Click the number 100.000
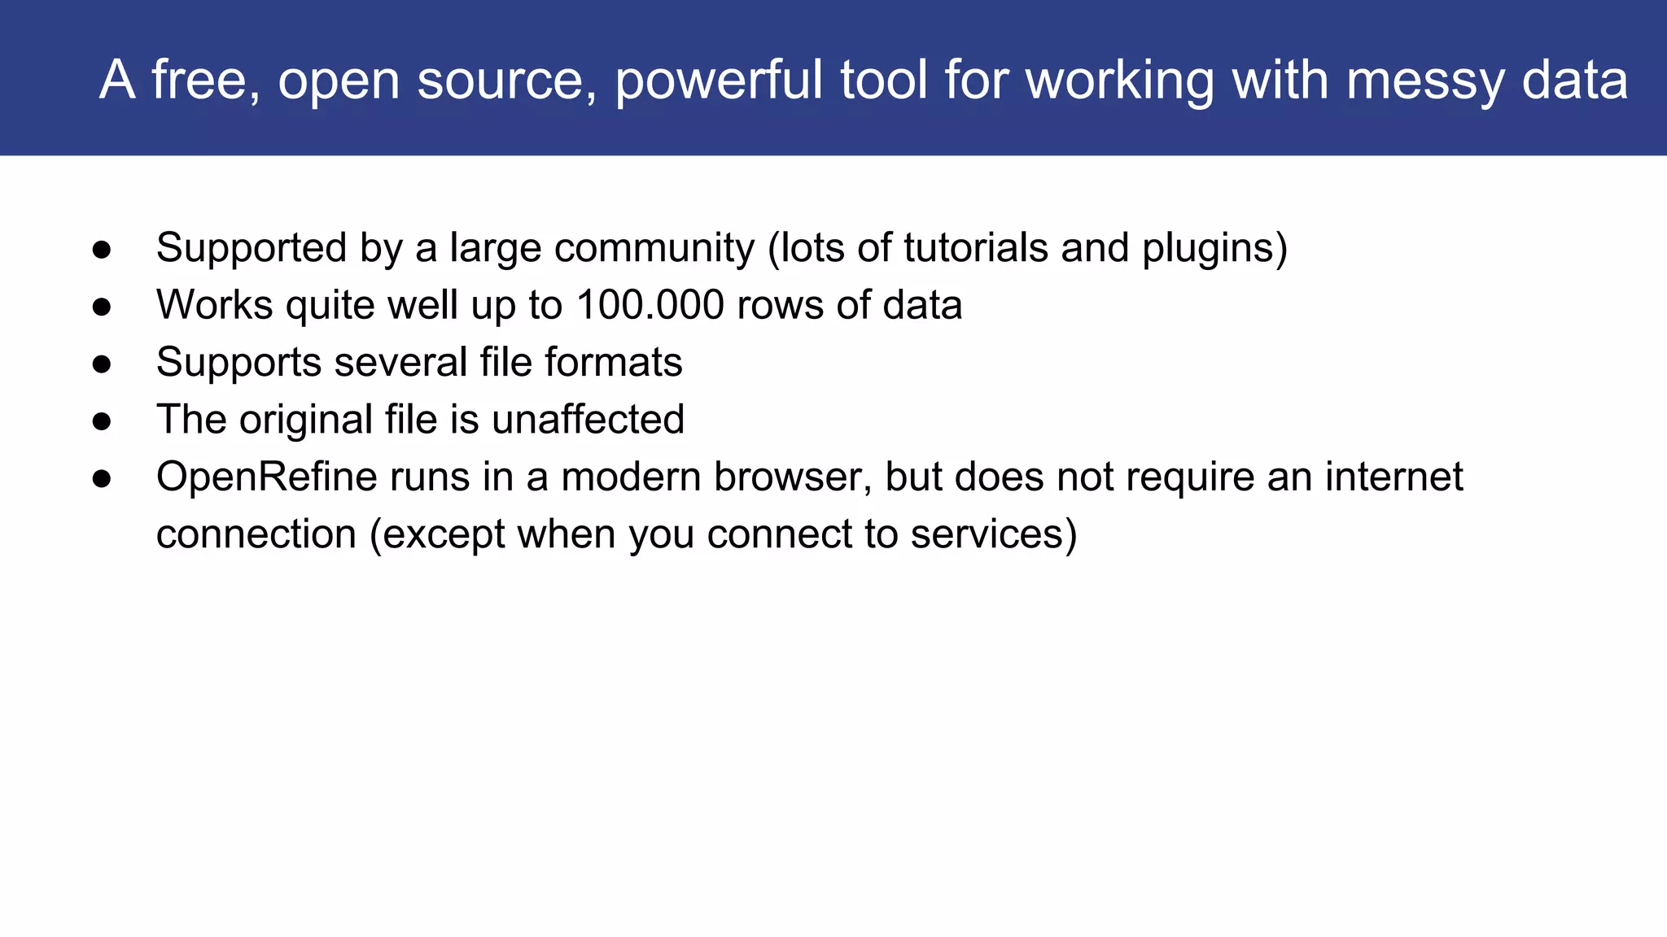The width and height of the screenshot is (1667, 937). pyautogui.click(x=650, y=305)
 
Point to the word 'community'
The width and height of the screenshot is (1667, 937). pyautogui.click(x=654, y=248)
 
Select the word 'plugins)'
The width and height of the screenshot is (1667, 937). pyautogui.click(x=1214, y=248)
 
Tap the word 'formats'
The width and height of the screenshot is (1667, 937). pyautogui.click(x=613, y=362)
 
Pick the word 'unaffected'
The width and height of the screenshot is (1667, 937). pyautogui.click(x=588, y=420)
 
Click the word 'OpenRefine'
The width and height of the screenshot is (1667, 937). pyautogui.click(x=266, y=477)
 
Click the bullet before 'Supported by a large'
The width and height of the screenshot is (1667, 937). pyautogui.click(x=102, y=250)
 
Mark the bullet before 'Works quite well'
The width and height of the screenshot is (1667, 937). pyautogui.click(x=102, y=307)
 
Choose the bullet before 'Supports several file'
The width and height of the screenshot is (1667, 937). pyautogui.click(x=102, y=364)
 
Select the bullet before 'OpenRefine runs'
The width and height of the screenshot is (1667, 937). pyautogui.click(x=102, y=478)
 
